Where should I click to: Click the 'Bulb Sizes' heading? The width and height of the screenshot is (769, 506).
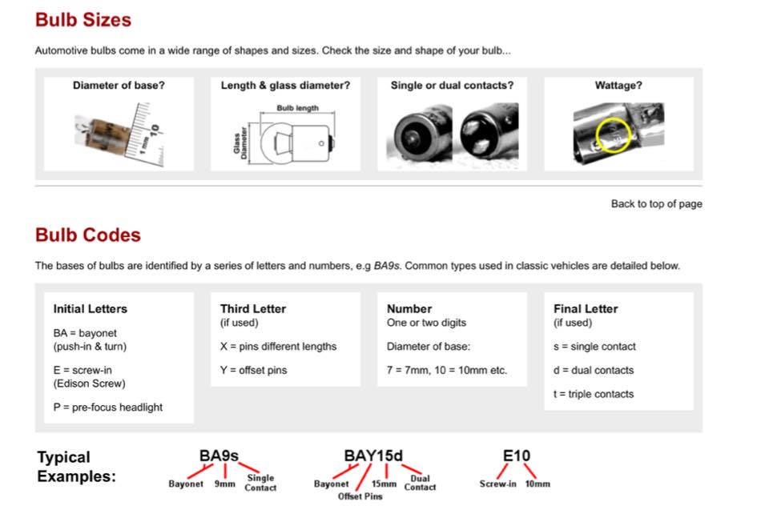pyautogui.click(x=83, y=20)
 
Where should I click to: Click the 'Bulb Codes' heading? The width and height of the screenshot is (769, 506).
pyautogui.click(x=88, y=235)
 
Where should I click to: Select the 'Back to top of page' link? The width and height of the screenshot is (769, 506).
pyautogui.click(x=656, y=204)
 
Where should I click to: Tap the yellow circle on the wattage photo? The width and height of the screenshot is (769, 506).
pyautogui.click(x=614, y=135)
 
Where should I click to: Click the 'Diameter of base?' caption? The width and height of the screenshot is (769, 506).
pyautogui.click(x=119, y=86)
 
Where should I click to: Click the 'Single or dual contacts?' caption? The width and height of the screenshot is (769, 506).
pyautogui.click(x=452, y=86)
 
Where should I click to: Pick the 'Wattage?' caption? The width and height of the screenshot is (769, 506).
pyautogui.click(x=618, y=86)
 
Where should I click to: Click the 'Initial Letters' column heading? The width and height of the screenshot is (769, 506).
pyautogui.click(x=90, y=309)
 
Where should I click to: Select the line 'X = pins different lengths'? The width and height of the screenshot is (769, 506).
pyautogui.click(x=278, y=347)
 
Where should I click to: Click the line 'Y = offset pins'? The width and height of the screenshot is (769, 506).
pyautogui.click(x=253, y=371)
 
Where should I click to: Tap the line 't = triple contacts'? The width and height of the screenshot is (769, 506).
pyautogui.click(x=594, y=394)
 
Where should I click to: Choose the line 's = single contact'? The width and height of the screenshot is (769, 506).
pyautogui.click(x=594, y=347)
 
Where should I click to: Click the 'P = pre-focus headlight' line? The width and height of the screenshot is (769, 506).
pyautogui.click(x=107, y=408)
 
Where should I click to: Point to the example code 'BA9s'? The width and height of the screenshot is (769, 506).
pyautogui.click(x=219, y=456)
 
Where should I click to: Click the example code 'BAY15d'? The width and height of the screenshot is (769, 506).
pyautogui.click(x=373, y=456)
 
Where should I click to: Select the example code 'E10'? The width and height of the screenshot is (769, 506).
pyautogui.click(x=517, y=456)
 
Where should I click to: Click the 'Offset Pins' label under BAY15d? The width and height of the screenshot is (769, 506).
pyautogui.click(x=360, y=496)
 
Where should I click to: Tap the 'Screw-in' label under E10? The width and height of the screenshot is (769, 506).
pyautogui.click(x=497, y=484)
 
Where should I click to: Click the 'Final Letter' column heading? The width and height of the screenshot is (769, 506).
pyautogui.click(x=586, y=309)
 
